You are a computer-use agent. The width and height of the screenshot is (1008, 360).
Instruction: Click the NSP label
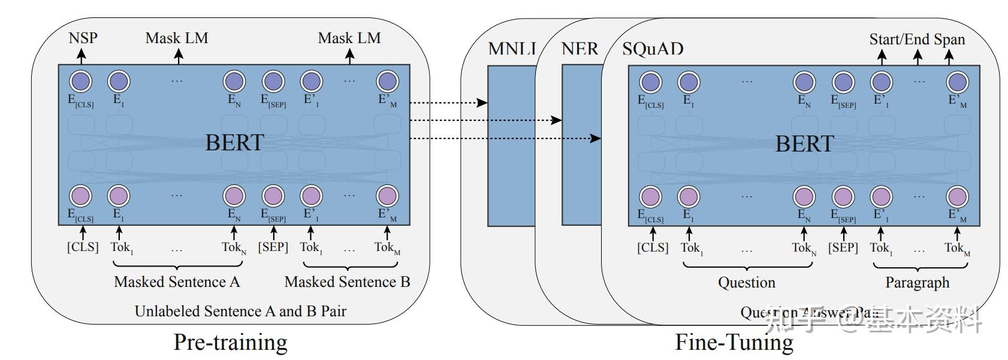pos(83,38)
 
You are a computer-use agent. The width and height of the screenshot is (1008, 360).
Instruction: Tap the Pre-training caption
pos(230,342)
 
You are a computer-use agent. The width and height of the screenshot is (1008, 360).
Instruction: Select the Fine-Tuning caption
pos(734,342)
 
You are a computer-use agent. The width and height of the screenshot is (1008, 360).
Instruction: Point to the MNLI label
pos(512,49)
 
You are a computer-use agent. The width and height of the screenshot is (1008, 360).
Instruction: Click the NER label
pos(580,49)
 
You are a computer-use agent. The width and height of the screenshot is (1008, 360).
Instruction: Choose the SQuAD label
pos(653,49)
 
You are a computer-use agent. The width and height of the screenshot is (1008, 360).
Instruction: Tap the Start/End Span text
pos(917,40)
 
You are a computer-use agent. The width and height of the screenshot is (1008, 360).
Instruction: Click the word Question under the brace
pos(747,282)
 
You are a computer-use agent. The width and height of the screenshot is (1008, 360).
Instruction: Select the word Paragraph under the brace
pos(918,282)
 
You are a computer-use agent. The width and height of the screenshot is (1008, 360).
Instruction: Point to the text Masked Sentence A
pos(177,282)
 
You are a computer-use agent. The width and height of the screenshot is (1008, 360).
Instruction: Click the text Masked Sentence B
pos(347,282)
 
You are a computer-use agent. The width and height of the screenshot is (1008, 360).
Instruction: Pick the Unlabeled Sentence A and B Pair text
pos(240,311)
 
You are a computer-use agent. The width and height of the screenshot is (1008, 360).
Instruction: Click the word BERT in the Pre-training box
pos(234,143)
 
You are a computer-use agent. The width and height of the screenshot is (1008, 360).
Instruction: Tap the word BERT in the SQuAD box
pos(804,144)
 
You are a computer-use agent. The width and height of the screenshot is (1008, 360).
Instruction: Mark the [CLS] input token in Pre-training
pos(83,247)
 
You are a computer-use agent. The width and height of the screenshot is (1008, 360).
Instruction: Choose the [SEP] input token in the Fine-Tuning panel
pos(843,247)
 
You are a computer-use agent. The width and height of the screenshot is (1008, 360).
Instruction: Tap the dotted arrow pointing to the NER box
pos(485,120)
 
